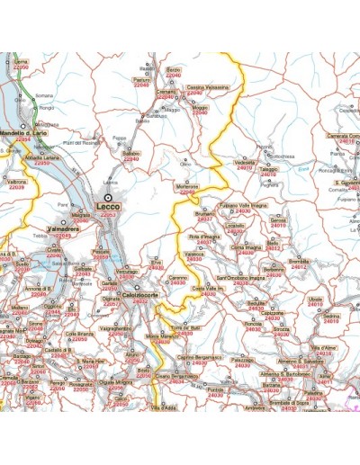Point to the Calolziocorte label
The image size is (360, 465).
click(140, 295)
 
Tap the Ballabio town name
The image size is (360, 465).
click(131, 153)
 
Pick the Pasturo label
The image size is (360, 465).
click(141, 79)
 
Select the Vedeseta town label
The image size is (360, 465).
click(244, 162)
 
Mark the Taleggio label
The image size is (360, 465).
click(269, 168)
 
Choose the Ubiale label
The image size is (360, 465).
click(314, 298)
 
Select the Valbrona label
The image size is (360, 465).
click(16, 182)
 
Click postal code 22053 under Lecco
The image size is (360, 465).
click(108, 215)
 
